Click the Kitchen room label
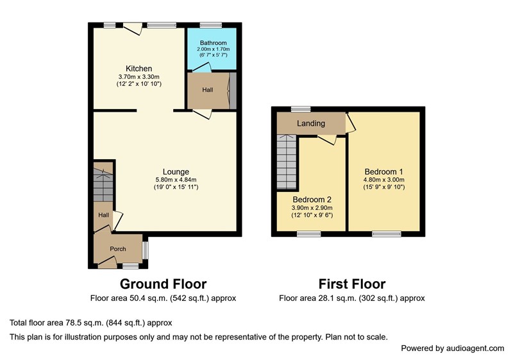139,69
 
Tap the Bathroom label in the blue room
214,43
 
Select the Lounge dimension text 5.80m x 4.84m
176,180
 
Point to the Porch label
118,249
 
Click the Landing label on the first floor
311,123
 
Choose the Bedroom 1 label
383,172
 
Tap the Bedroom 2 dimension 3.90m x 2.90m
312,208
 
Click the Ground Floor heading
164,284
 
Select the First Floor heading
352,284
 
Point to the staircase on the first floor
287,162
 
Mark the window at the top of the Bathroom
211,25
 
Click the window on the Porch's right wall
146,250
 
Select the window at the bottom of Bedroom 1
387,234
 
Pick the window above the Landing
301,109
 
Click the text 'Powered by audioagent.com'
453,348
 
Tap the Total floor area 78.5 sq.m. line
91,323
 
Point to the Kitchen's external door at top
133,28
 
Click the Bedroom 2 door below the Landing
327,140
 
